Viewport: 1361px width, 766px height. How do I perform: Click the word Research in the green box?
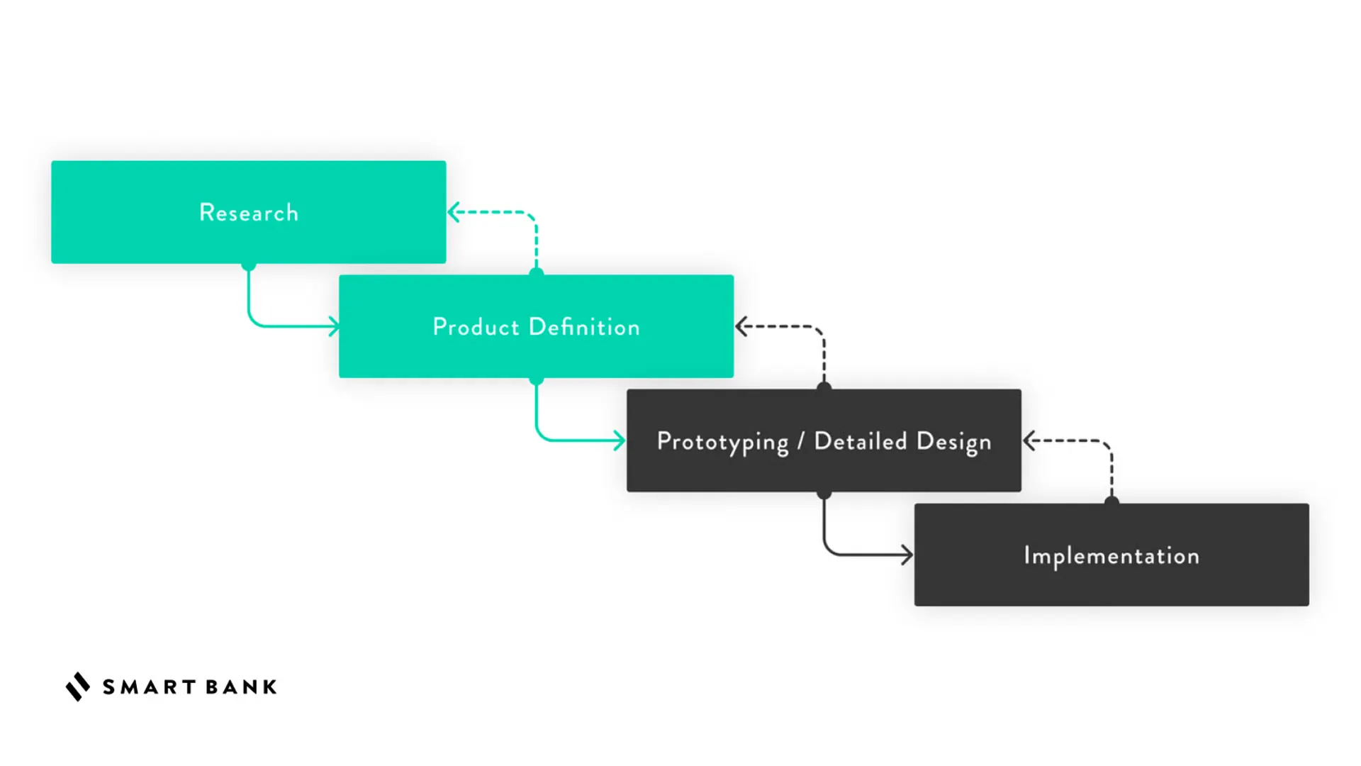pos(249,213)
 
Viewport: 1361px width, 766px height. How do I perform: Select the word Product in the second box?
pos(476,327)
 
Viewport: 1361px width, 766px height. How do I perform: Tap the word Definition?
pos(584,327)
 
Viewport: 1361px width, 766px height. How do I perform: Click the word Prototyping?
pos(722,442)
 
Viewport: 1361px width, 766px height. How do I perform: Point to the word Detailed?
pos(861,441)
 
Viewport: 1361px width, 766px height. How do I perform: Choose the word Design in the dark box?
pos(953,442)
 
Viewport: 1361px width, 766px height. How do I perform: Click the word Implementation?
pos(1111,556)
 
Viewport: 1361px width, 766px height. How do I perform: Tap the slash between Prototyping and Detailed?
pos(801,441)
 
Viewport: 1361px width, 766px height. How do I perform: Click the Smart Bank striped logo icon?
pos(78,687)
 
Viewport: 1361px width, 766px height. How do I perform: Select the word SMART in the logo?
pos(150,687)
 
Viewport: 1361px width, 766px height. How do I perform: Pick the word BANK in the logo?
pos(241,687)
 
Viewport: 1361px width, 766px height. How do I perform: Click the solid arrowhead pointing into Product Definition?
pos(334,326)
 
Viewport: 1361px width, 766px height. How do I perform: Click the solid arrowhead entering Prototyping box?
pos(620,440)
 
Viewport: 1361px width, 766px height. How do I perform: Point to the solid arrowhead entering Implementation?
pos(907,555)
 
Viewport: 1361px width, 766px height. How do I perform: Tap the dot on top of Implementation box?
pos(1111,502)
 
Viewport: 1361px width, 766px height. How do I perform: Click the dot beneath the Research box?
pos(248,265)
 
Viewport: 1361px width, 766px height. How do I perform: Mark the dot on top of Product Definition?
pos(537,273)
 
